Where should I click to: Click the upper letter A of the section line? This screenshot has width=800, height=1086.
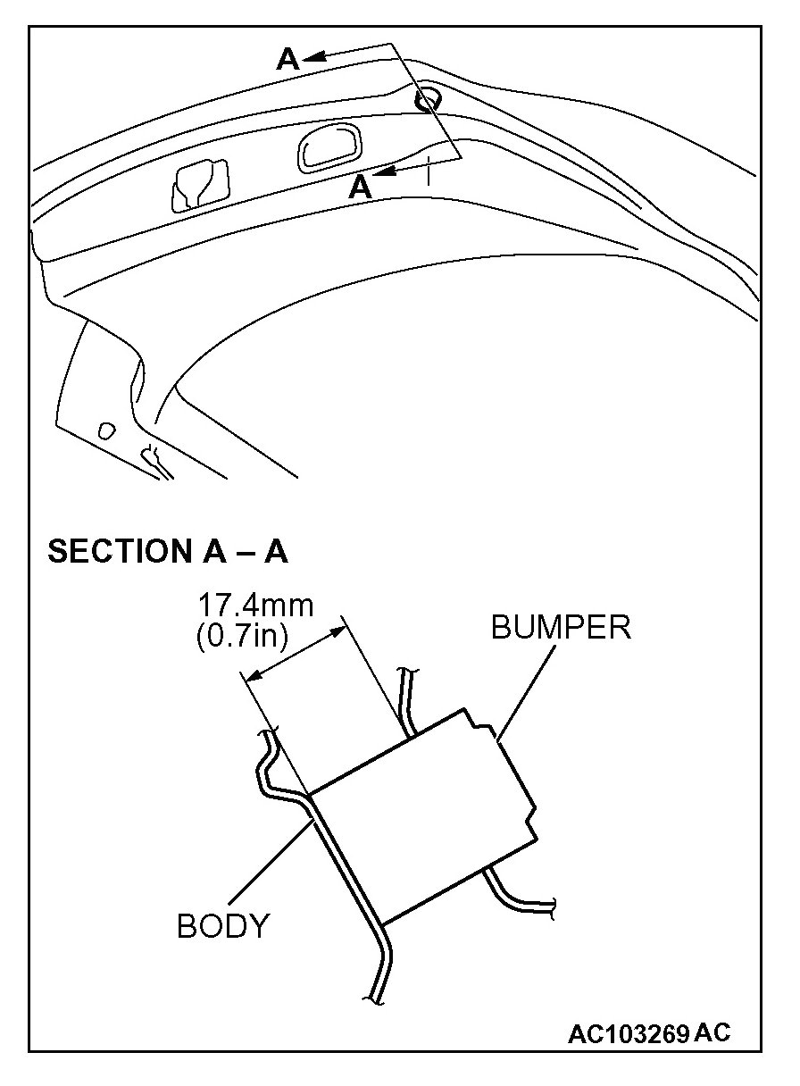(287, 59)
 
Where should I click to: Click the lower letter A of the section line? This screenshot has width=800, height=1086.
(360, 187)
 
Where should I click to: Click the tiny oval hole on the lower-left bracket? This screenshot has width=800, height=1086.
(106, 430)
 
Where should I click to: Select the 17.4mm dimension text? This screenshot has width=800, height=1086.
(255, 606)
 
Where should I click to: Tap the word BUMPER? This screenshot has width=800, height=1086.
(561, 627)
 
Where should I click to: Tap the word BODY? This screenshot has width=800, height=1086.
(222, 926)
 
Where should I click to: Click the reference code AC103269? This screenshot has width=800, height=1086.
(629, 1034)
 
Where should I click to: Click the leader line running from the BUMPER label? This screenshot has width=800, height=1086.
(524, 689)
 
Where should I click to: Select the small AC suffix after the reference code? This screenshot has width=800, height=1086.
(712, 1032)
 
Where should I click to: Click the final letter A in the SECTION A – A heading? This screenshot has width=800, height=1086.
(276, 551)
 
